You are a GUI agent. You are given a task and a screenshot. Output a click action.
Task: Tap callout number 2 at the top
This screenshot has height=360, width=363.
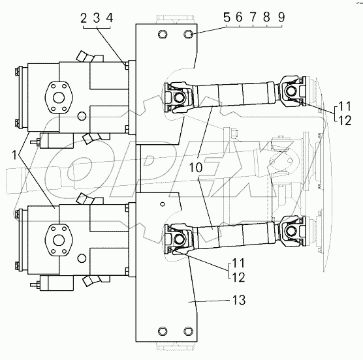[x=84, y=19]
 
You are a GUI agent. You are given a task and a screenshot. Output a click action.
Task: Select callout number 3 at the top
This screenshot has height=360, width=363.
[x=96, y=19]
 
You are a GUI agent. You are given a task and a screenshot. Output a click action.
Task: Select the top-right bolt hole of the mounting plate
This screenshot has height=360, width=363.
[x=188, y=34]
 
